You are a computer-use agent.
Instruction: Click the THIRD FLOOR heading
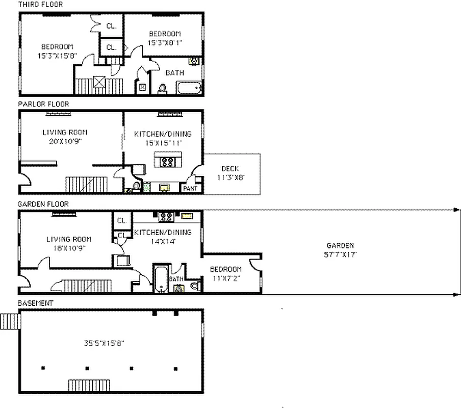click(x=40, y=4)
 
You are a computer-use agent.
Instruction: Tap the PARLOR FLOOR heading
click(x=43, y=104)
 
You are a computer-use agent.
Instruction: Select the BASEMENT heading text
click(x=35, y=303)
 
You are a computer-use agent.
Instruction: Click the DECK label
click(x=230, y=169)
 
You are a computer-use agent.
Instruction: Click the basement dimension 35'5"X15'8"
click(x=105, y=343)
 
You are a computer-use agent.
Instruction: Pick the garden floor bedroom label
click(x=226, y=269)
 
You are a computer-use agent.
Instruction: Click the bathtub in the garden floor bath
click(x=161, y=279)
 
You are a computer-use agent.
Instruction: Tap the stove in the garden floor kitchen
click(x=166, y=217)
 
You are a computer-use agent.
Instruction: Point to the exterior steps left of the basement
click(x=9, y=321)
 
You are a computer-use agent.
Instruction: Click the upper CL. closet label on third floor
click(x=111, y=25)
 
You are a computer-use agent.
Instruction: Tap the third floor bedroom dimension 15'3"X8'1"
click(x=165, y=43)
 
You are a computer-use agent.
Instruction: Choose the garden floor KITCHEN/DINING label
click(x=163, y=233)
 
